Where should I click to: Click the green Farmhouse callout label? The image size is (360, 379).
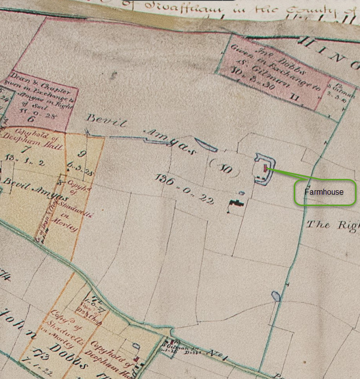[325, 192]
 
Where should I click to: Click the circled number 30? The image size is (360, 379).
[225, 169]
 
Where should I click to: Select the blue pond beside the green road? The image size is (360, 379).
[275, 296]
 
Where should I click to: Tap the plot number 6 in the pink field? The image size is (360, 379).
[31, 119]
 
